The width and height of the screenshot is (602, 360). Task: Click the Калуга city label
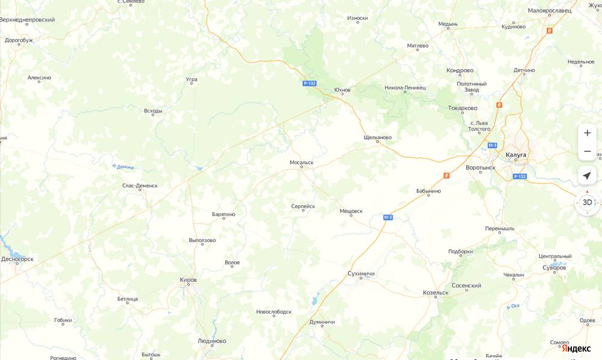pos(516,155)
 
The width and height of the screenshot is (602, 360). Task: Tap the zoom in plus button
pos(587,133)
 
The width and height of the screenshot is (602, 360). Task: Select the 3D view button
pos(587,202)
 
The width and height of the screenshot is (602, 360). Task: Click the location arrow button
pos(587,176)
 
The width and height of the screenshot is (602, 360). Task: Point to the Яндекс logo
pos(576,349)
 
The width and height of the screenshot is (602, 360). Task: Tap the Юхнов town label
pos(342,90)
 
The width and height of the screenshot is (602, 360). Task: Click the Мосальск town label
pos(302,163)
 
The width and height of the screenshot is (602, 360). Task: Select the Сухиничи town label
pos(361,273)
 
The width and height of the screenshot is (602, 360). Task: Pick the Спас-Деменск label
pos(140,185)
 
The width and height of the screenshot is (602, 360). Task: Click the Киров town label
pos(188,279)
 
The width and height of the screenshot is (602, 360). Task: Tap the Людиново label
pos(212,341)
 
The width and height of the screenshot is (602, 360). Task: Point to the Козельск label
pos(436,293)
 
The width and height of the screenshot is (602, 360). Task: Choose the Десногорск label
pos(17,259)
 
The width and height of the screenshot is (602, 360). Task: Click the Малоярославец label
pos(550,11)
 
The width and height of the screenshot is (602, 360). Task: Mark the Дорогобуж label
pos(19,40)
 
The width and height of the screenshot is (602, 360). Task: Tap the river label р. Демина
pos(123,167)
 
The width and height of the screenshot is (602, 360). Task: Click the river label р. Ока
pos(513,306)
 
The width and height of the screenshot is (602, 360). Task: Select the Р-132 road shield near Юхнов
pos(309,84)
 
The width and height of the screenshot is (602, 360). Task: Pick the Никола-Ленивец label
pos(405,87)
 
